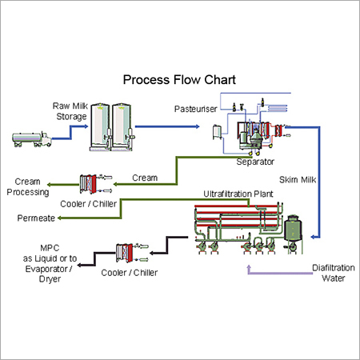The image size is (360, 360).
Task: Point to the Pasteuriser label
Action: click(x=194, y=108)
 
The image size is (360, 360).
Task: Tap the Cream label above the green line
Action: click(x=144, y=177)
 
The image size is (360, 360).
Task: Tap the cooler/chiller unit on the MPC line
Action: click(x=126, y=254)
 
